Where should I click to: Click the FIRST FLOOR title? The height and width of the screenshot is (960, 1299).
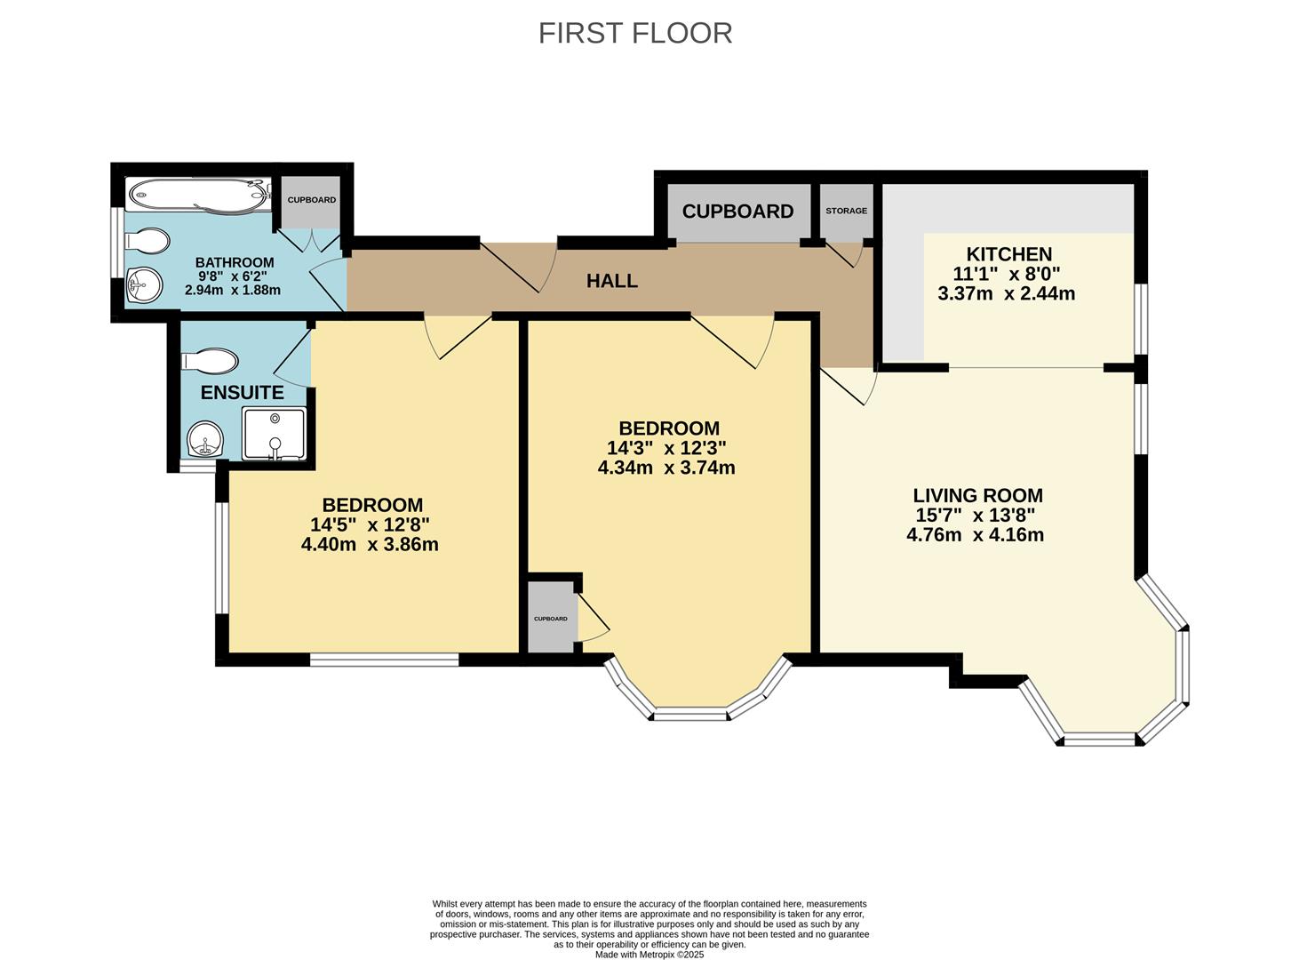[x=635, y=33]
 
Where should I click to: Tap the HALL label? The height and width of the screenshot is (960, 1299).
[x=611, y=281]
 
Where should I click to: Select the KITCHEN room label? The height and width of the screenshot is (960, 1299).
[x=1008, y=254]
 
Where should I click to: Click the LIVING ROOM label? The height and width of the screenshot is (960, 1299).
[x=977, y=495]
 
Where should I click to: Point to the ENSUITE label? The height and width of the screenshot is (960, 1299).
[x=242, y=392]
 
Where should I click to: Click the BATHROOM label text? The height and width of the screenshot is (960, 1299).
[x=235, y=262]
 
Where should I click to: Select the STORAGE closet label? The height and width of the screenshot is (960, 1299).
[x=846, y=211]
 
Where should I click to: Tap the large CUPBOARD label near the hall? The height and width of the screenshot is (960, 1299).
[x=737, y=212]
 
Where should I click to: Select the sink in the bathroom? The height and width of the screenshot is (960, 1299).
[x=143, y=284]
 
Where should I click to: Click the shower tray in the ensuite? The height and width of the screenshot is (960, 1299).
[x=274, y=433]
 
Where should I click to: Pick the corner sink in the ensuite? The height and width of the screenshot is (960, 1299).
[x=206, y=439]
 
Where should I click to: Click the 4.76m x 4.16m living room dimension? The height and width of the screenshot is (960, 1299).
[x=975, y=535]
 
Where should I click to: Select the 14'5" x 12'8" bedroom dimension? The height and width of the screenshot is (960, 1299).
[x=370, y=524]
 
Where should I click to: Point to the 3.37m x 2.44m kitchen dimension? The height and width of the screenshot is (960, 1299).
[x=1006, y=293]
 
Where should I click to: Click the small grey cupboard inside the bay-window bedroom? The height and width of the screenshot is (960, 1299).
[x=551, y=618]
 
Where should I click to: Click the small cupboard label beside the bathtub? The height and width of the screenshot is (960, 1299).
[x=311, y=200]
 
